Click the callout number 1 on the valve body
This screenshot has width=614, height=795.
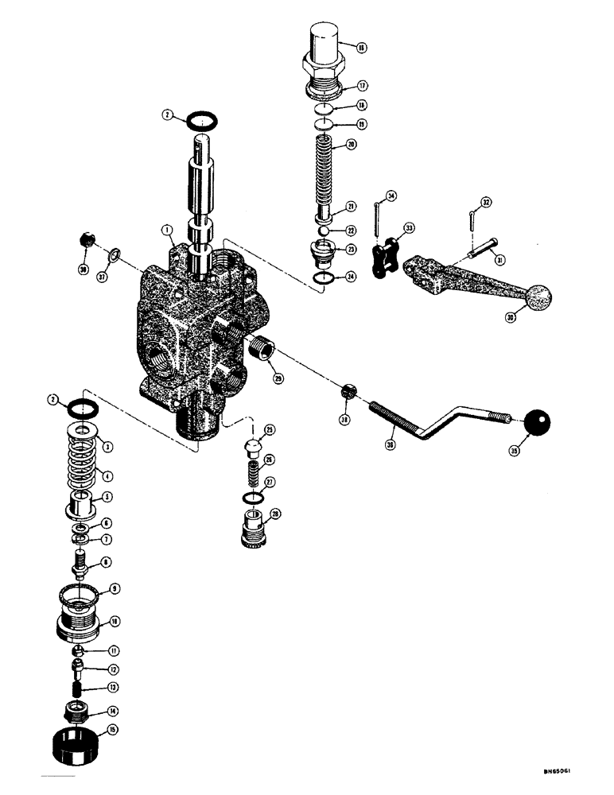coord(168,231)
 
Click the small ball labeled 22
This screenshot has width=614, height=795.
coord(324,230)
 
